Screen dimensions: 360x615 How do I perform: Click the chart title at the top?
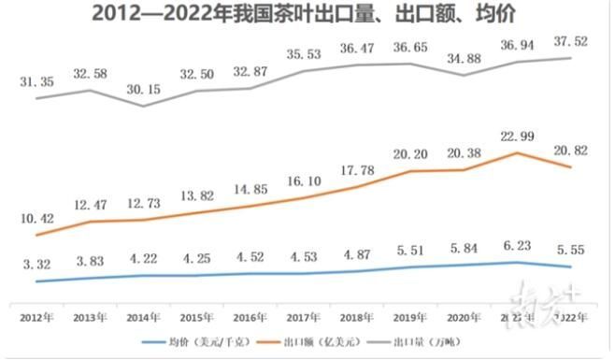coord(308,14)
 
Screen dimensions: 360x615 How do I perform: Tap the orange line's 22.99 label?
coord(512,139)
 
